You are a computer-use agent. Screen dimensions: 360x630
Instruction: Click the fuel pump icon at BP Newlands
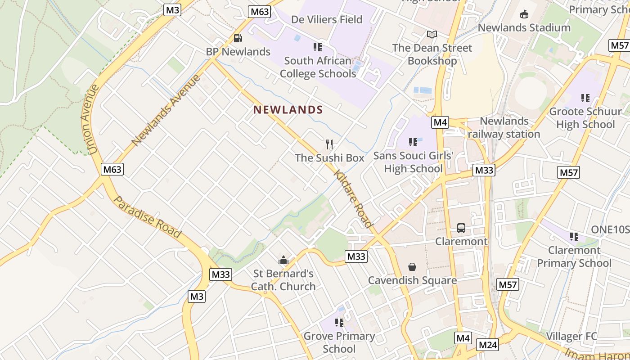[238, 39]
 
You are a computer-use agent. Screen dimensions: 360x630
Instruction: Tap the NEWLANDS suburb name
[288, 110]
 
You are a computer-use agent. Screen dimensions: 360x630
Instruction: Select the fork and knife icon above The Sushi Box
[330, 144]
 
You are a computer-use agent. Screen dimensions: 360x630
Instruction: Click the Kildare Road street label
[354, 198]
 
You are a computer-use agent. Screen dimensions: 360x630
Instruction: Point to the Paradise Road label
[147, 217]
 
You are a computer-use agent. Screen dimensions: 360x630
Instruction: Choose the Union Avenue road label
[90, 119]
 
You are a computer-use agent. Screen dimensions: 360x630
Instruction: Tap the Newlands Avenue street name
[166, 111]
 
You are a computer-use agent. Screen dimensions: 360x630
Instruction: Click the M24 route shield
[488, 345]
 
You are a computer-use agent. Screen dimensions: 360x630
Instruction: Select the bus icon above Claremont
[461, 228]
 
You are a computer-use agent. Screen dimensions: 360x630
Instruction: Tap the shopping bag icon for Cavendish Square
[412, 267]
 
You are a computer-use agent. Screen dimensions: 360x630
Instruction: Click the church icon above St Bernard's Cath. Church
[283, 260]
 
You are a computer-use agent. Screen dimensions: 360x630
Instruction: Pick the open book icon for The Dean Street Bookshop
[432, 34]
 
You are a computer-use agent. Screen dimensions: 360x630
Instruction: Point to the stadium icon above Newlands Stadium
[524, 14]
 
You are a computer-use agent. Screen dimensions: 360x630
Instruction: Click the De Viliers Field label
[327, 20]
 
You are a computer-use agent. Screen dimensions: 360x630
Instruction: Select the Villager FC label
[571, 336]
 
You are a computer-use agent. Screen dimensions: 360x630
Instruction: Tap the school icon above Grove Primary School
[339, 323]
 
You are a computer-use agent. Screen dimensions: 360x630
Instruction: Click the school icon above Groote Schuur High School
[585, 98]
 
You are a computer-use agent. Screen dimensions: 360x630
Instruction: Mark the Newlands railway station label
[504, 127]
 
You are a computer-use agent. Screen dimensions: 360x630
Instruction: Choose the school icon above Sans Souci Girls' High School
[413, 142]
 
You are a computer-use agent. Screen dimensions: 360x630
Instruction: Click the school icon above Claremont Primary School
[574, 237]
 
